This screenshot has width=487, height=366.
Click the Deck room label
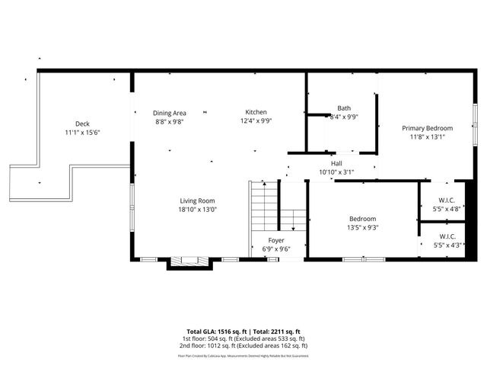click(x=82, y=124)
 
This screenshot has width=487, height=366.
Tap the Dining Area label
click(x=170, y=112)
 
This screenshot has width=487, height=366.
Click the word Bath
click(x=344, y=108)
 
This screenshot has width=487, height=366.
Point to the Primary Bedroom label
click(x=427, y=128)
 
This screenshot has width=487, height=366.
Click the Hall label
click(x=336, y=163)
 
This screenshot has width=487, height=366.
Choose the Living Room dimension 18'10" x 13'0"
click(x=198, y=209)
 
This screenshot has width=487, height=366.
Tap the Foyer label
click(x=276, y=239)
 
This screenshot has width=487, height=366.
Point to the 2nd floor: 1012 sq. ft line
click(x=243, y=345)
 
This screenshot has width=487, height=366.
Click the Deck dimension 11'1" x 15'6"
click(x=82, y=133)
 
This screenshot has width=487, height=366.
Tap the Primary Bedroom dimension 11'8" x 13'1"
click(x=427, y=137)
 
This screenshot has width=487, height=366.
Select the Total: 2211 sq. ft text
click(x=276, y=332)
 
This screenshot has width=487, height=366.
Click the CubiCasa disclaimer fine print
click(x=243, y=355)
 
